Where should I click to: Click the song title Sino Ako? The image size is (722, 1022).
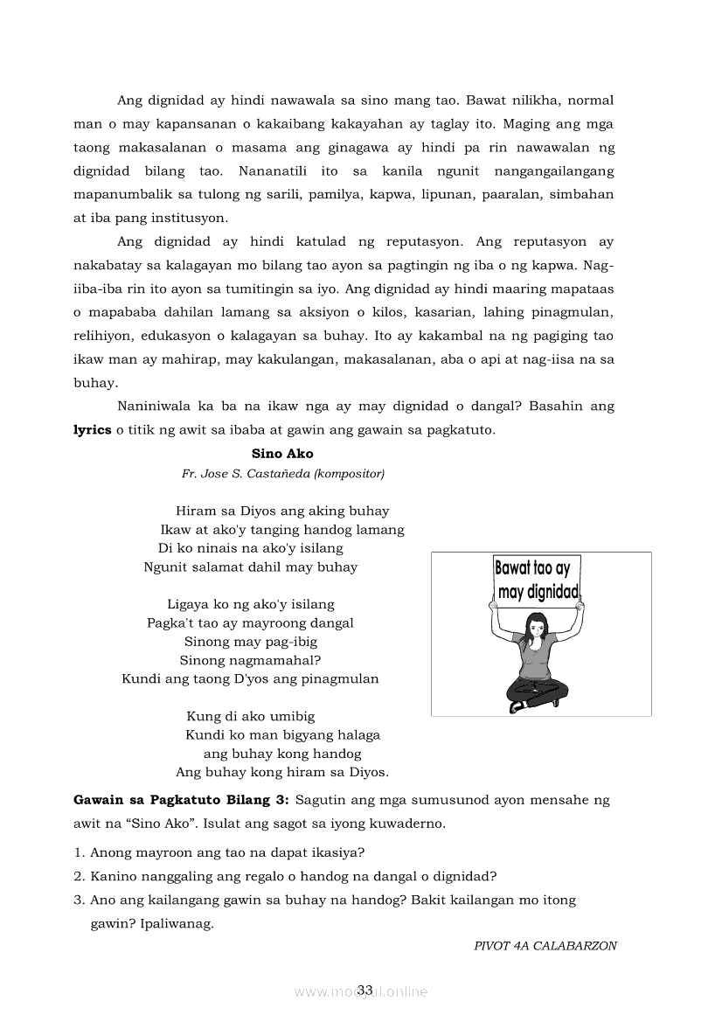[x=281, y=454]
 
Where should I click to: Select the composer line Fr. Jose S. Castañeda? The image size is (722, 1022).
[x=282, y=474]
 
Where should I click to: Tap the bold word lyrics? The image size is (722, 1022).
[x=92, y=429]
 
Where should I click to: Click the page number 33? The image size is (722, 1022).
[x=364, y=990]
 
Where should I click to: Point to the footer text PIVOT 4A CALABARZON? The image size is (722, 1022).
[x=545, y=945]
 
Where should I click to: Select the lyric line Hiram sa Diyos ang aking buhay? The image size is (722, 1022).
[x=282, y=511]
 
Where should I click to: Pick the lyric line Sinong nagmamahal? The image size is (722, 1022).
[x=250, y=660]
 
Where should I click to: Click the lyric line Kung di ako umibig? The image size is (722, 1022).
[x=250, y=716]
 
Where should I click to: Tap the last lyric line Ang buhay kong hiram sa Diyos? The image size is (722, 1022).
[x=282, y=772]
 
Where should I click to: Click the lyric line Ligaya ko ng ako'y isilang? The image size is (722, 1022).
[x=250, y=604]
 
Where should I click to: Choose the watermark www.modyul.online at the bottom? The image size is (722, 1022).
[x=361, y=991]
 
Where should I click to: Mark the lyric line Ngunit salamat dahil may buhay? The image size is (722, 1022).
[x=250, y=567]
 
